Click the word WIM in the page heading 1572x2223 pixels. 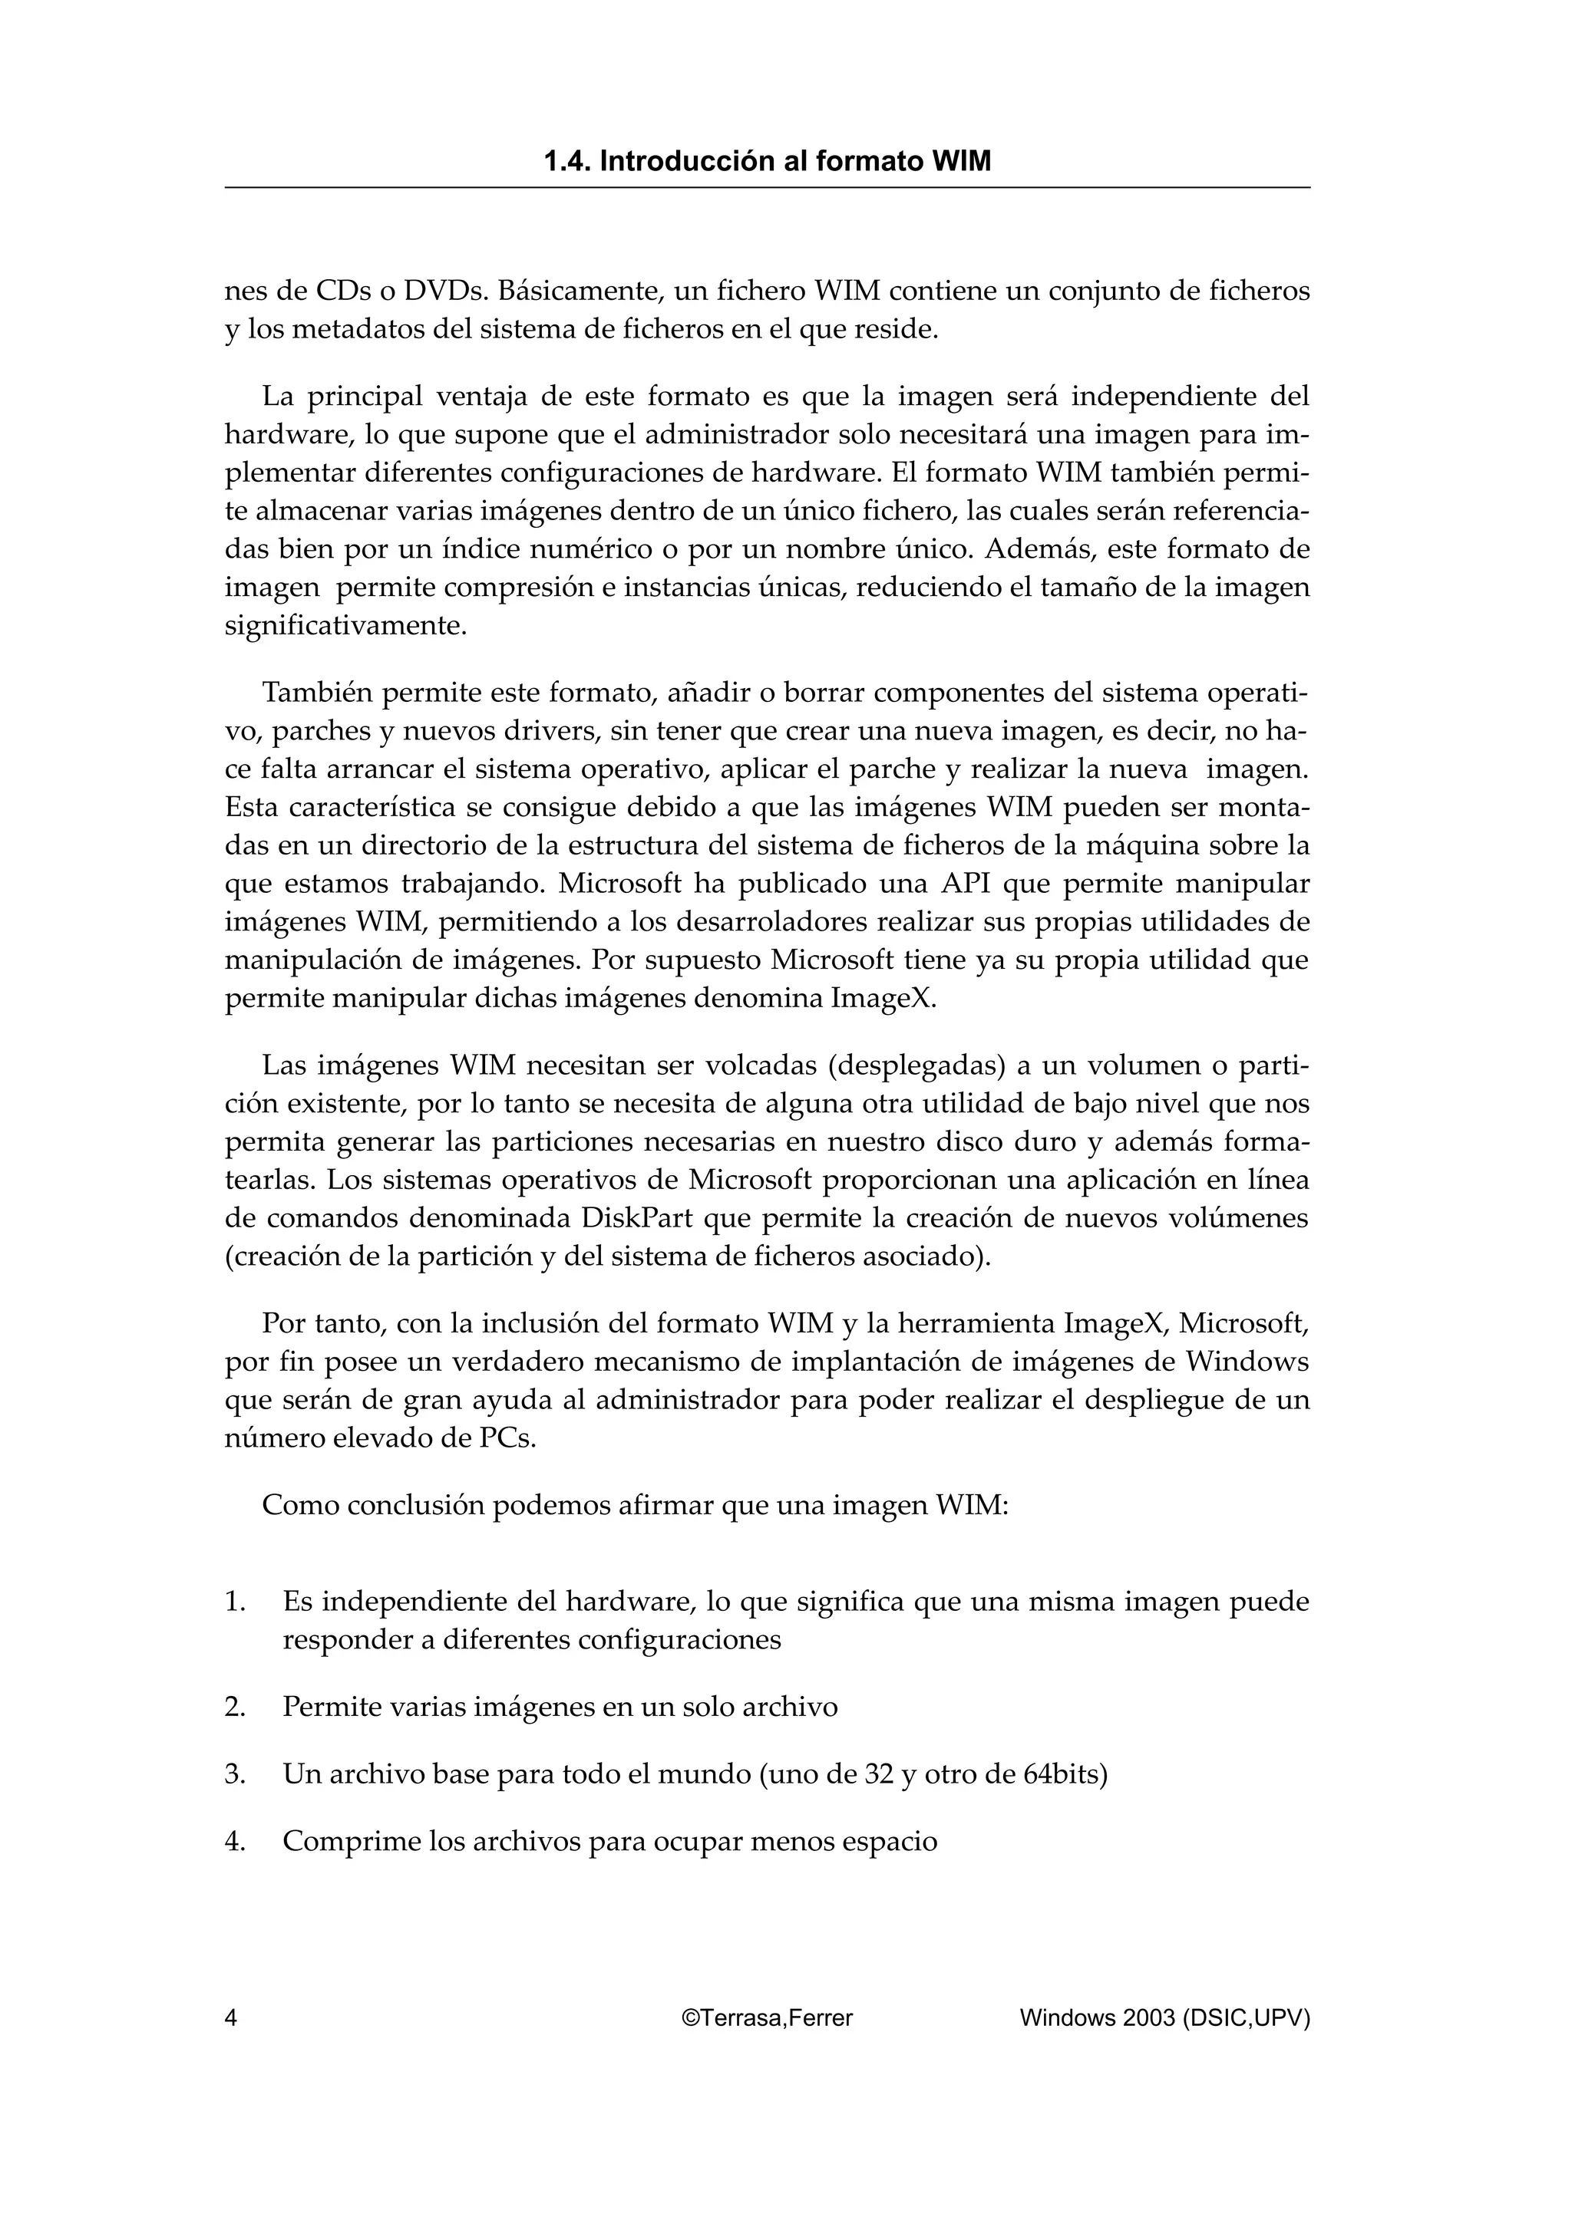click(961, 162)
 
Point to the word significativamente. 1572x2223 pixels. click(345, 625)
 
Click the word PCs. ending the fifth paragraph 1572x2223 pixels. click(507, 1438)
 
